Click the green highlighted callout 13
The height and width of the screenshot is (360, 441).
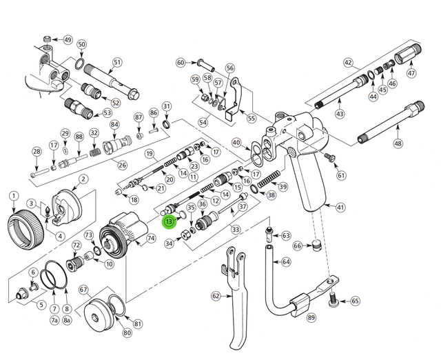[169, 222]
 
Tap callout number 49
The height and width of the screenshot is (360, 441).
[68, 39]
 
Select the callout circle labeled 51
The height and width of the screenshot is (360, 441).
[117, 63]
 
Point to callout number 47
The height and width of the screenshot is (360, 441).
[411, 73]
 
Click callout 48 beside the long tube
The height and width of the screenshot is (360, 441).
[398, 143]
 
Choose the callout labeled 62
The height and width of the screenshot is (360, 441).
[216, 297]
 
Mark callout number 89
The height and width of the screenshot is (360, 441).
[311, 317]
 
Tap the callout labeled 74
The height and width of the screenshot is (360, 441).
[151, 238]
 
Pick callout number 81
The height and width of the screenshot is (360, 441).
[138, 323]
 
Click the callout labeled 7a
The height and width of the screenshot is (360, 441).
[54, 319]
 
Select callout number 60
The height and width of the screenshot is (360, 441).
[181, 62]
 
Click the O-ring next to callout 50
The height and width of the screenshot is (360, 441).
[79, 66]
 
